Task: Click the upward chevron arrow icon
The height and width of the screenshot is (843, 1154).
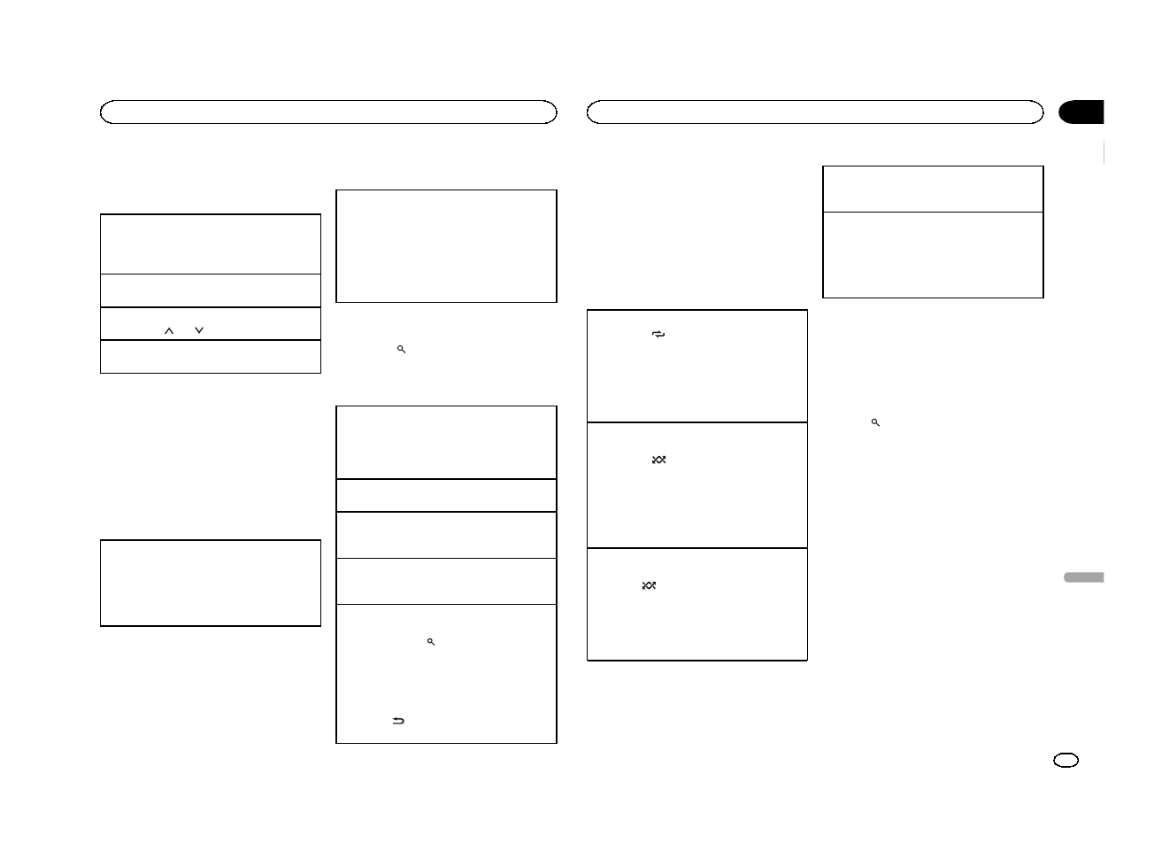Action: pyautogui.click(x=169, y=330)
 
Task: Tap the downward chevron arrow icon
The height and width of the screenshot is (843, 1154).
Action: pyautogui.click(x=199, y=330)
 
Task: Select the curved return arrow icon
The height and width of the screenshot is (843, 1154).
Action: pyautogui.click(x=398, y=721)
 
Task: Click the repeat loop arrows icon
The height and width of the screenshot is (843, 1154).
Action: pyautogui.click(x=658, y=335)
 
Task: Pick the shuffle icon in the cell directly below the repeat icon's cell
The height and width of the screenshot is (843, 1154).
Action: pyautogui.click(x=658, y=460)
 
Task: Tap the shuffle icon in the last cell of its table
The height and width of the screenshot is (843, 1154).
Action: pyautogui.click(x=649, y=585)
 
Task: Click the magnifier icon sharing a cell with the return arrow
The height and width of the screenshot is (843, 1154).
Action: pyautogui.click(x=431, y=641)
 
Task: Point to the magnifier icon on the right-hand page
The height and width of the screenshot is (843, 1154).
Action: pyautogui.click(x=875, y=423)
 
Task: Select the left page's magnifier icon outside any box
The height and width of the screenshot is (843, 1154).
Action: pyautogui.click(x=401, y=350)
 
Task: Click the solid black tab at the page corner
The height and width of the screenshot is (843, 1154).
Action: pyautogui.click(x=1081, y=112)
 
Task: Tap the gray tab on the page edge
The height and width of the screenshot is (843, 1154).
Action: pyautogui.click(x=1082, y=577)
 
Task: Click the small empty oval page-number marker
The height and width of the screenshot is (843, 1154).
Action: pyautogui.click(x=1066, y=760)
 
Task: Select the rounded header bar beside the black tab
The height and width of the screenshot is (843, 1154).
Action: pyautogui.click(x=815, y=112)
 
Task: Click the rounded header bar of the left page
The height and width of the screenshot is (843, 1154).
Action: pyautogui.click(x=328, y=112)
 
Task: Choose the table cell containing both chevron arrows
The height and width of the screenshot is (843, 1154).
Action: pyautogui.click(x=210, y=324)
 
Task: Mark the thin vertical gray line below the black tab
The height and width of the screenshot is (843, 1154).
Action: pyautogui.click(x=1104, y=152)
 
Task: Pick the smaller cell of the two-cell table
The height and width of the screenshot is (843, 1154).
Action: pyautogui.click(x=933, y=189)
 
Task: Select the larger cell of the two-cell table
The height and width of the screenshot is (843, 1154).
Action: pyautogui.click(x=933, y=255)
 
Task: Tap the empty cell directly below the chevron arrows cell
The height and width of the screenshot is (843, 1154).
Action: pyautogui.click(x=210, y=357)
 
